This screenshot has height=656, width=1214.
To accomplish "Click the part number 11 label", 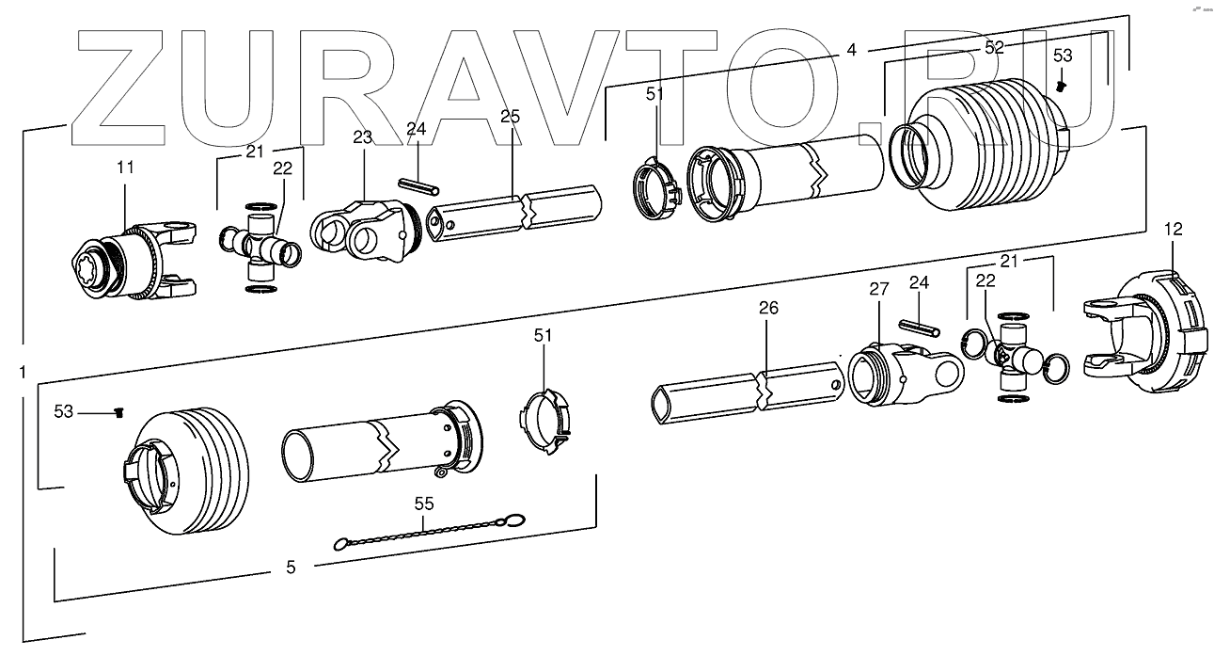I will coord(125,168).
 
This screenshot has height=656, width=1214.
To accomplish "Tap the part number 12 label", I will coord(1173,229).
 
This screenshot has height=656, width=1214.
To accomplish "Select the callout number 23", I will coord(363,137).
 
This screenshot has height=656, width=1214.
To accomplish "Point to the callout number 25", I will coord(510,117).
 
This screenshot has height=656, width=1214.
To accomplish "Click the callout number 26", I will coord(767,308).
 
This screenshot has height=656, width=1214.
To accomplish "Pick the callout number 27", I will coord(877,290).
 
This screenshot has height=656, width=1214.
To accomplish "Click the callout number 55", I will coord(423,504).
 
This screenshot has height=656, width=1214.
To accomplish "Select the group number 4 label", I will coord(851,50).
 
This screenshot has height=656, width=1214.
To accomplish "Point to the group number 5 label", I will coord(291,567).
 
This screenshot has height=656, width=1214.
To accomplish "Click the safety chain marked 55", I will coord(428,533).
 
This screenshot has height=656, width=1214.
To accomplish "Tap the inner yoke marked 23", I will coord(362,226).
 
